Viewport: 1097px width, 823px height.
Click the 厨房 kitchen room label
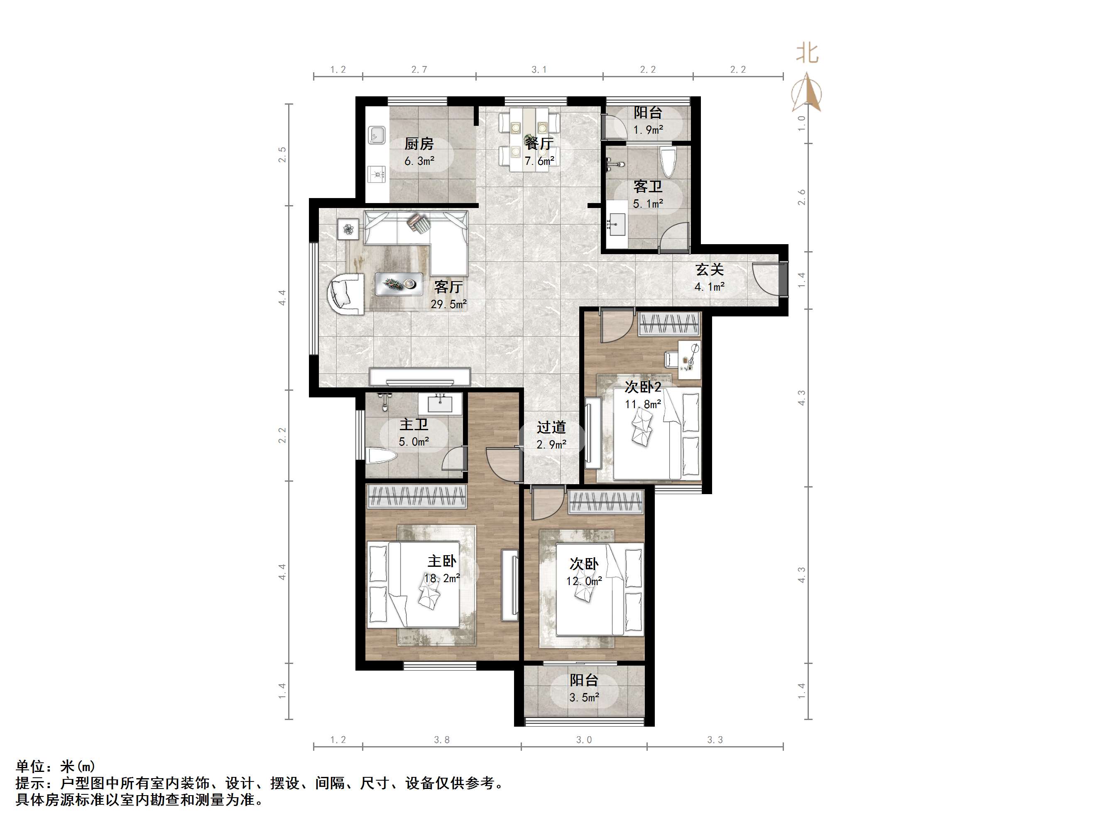(x=419, y=144)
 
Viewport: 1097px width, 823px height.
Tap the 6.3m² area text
(x=419, y=161)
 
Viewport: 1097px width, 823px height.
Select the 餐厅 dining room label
(x=539, y=143)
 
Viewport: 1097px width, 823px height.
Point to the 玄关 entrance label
(x=709, y=269)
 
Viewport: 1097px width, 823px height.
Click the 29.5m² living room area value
(x=448, y=304)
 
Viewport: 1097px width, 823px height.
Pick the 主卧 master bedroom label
(x=442, y=561)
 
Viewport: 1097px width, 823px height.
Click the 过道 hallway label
(x=551, y=427)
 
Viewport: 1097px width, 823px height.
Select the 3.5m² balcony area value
(x=584, y=698)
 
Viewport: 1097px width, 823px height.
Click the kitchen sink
(x=377, y=135)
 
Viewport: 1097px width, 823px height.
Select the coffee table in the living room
(x=399, y=284)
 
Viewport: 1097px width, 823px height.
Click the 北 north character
(x=807, y=53)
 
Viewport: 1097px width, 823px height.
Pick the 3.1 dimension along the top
(x=539, y=69)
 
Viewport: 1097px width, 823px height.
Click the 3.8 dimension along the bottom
(x=441, y=740)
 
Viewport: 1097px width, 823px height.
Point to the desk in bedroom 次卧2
(x=690, y=360)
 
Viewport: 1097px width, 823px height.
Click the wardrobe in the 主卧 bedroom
(x=416, y=497)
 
